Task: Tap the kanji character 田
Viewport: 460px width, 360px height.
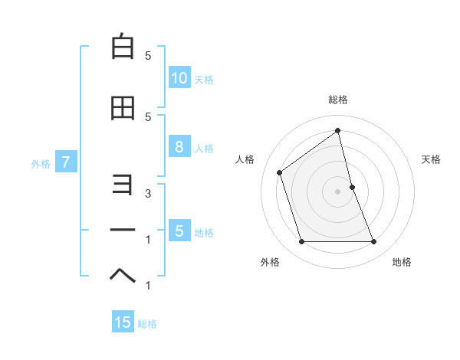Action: point(123,109)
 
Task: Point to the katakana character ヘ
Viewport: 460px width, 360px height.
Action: point(123,274)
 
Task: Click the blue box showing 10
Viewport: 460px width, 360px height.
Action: point(179,77)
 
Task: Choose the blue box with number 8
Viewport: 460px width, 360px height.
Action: point(179,148)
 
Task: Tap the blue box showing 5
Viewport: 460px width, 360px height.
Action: point(179,231)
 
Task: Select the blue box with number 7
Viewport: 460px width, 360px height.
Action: point(67,162)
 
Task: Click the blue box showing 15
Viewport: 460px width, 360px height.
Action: point(123,322)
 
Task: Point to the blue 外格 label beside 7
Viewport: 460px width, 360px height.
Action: point(41,163)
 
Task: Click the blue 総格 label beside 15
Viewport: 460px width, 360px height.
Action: point(147,323)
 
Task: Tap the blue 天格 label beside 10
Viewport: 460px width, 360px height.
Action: point(204,79)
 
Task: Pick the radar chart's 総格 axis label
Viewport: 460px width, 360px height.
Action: point(338,100)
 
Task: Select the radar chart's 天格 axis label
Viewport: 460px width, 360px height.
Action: point(432,159)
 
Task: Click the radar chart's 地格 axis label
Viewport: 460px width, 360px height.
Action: point(402,262)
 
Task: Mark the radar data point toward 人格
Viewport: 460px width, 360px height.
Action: point(280,172)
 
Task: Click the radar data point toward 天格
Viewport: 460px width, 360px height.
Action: point(352,187)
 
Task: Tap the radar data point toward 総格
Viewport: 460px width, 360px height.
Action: point(338,131)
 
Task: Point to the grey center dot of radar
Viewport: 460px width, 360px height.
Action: point(338,191)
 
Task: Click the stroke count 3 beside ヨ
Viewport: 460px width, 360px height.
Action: point(148,193)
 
